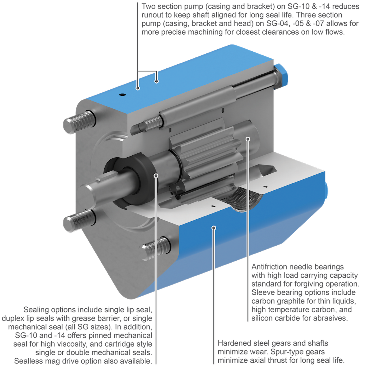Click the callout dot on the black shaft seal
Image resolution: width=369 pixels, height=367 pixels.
tap(156, 175)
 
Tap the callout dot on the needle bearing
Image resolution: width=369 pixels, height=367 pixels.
tap(248, 139)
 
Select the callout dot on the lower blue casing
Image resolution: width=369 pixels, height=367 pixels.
tap(214, 228)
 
